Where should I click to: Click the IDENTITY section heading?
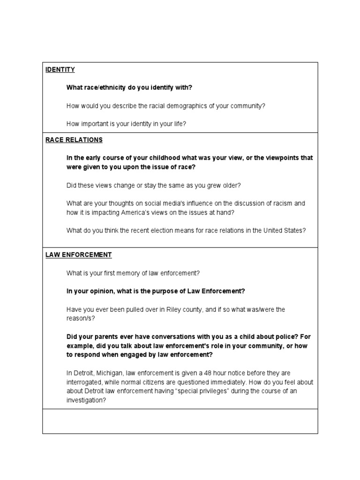coord(60,70)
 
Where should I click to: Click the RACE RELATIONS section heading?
coord(74,140)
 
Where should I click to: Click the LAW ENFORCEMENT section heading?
coord(78,255)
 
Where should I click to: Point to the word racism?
coord(281,203)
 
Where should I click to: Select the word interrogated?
coord(86,382)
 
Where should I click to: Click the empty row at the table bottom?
coord(180,421)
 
